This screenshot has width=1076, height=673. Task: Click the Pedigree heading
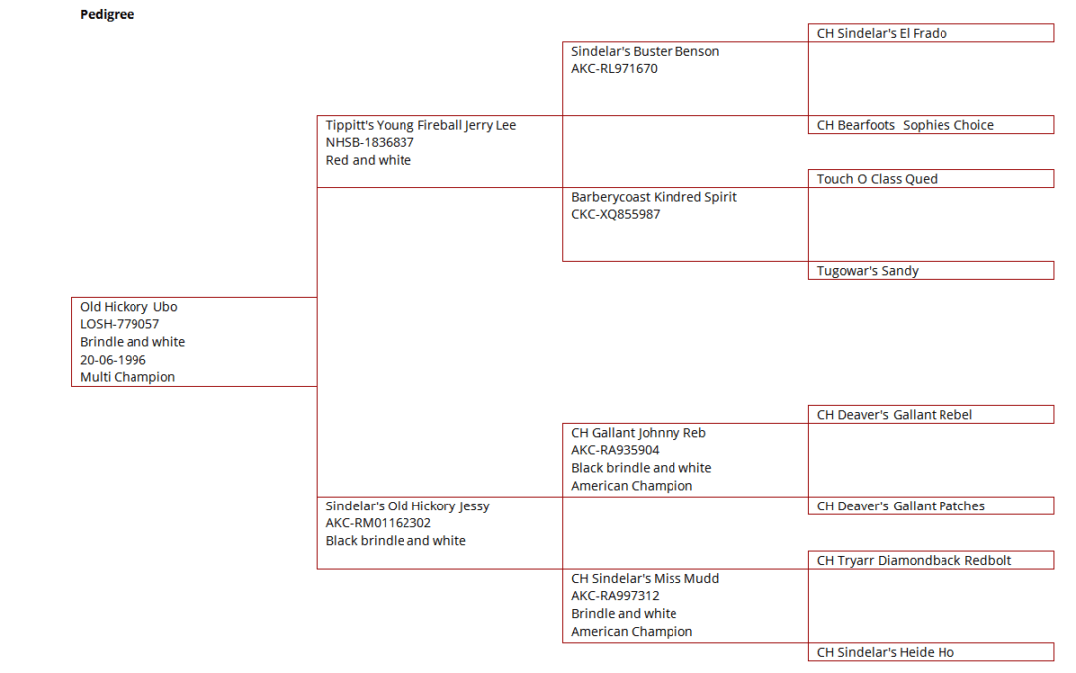pos(107,14)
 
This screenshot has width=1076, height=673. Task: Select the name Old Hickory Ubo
pos(129,307)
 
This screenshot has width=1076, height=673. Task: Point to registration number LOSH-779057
pos(120,324)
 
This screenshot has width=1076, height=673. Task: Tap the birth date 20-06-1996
pos(113,360)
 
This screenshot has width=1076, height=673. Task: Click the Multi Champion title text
pos(128,377)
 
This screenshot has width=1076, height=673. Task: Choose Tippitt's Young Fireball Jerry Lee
pos(420,125)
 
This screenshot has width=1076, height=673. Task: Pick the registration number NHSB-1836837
pos(370,143)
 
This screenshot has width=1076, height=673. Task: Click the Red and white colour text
pos(369,160)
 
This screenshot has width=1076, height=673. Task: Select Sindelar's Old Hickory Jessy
pos(407,506)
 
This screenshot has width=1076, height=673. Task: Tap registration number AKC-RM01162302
pos(379,523)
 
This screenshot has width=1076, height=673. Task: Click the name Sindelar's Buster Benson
pos(645,52)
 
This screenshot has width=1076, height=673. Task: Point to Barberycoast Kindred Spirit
pos(654,197)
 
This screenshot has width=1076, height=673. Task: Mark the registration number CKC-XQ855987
pos(616,215)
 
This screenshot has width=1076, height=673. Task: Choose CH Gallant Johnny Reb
pos(639,433)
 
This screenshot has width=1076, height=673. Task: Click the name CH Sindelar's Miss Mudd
pos(645,579)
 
